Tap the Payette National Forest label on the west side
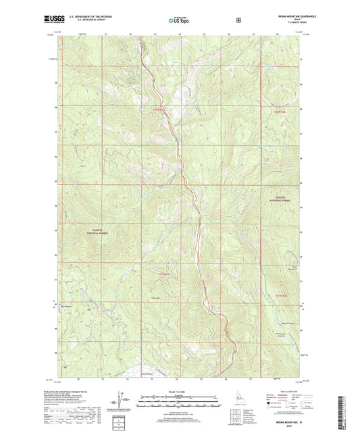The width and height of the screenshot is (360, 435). [x=97, y=231]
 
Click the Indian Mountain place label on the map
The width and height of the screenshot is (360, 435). [x=294, y=268]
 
